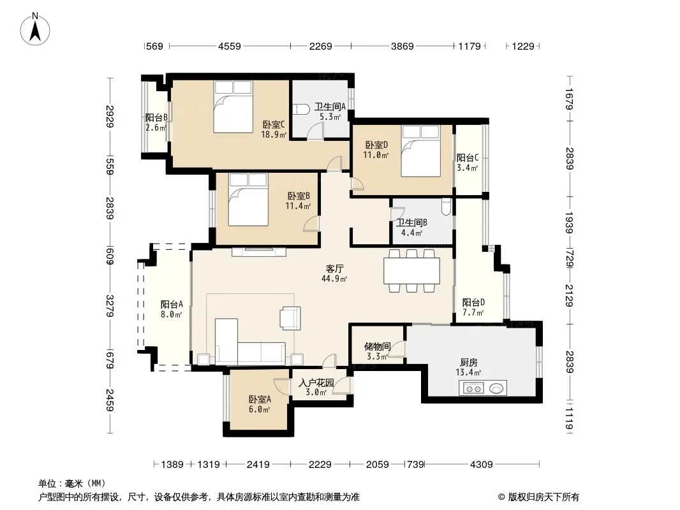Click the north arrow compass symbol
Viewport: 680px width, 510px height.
(35, 29)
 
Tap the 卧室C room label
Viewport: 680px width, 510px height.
(274, 125)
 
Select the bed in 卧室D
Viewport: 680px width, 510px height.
(420, 151)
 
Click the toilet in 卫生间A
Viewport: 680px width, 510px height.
(300, 109)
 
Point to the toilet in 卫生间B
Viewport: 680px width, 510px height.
(446, 207)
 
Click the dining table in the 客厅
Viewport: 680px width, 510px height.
(411, 271)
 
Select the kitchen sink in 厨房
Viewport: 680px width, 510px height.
(497, 388)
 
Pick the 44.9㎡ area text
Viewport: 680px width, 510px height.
(334, 279)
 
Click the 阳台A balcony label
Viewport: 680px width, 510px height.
(172, 304)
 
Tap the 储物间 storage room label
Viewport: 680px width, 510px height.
(377, 346)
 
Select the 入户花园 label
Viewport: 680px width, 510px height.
(316, 382)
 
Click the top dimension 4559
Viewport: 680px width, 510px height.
(230, 46)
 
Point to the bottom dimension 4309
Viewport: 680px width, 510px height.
(482, 465)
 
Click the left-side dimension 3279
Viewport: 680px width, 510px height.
(110, 306)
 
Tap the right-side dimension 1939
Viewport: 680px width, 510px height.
(570, 222)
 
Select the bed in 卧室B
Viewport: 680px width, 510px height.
(248, 200)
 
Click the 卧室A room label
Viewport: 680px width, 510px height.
(260, 399)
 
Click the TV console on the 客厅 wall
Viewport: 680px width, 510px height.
(259, 252)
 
